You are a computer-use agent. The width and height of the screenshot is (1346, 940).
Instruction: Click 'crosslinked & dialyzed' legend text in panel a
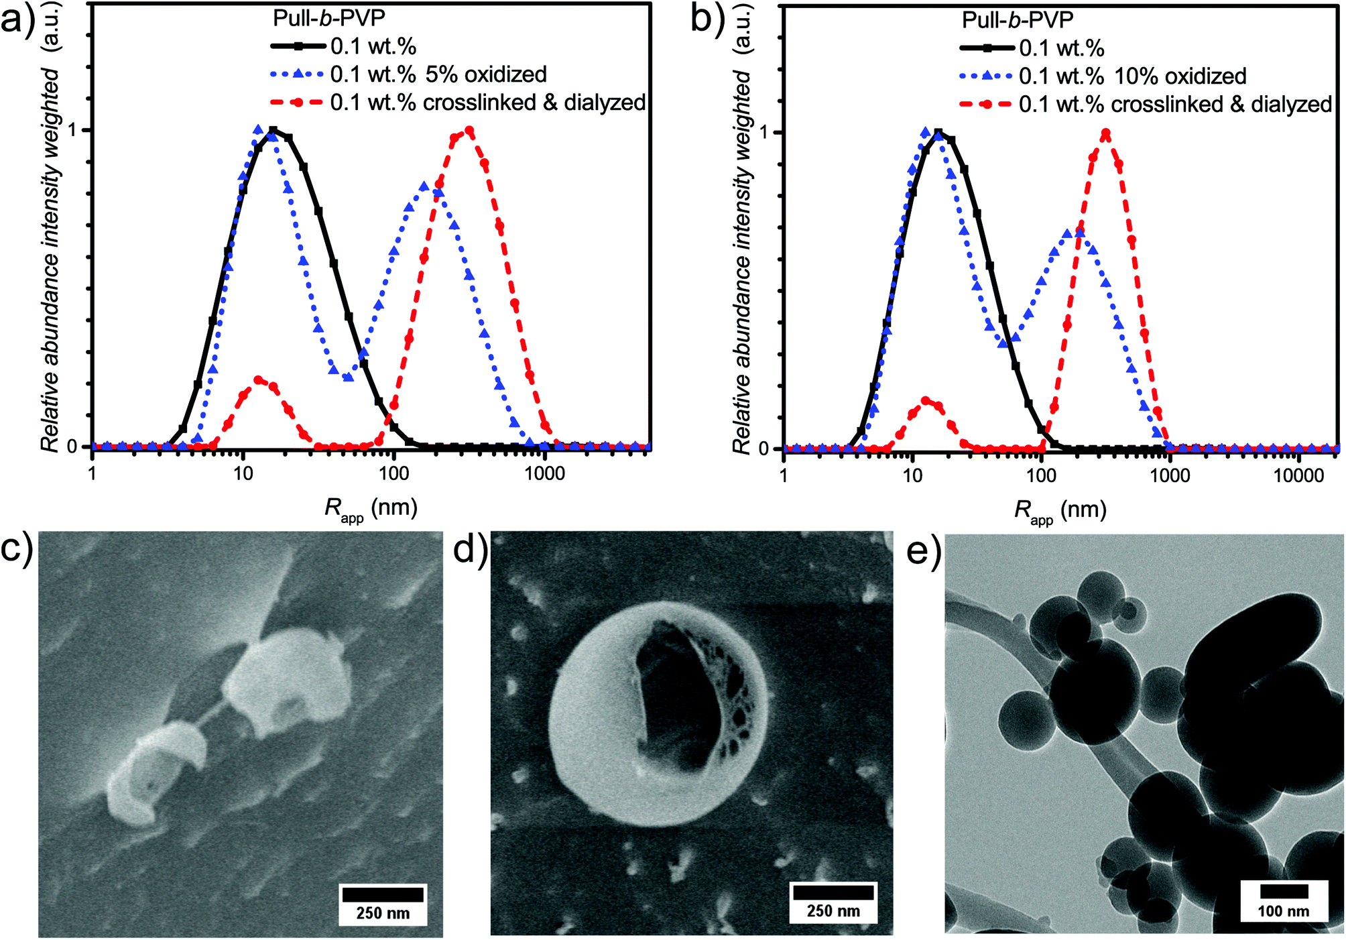(x=487, y=103)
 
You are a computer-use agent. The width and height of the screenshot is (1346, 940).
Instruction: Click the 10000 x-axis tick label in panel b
(x=1298, y=476)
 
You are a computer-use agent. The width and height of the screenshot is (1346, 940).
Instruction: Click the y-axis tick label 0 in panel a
(x=72, y=447)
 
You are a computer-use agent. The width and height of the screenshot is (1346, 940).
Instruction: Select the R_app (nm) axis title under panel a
(x=371, y=509)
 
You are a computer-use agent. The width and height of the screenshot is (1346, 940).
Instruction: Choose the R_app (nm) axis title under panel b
(x=1060, y=512)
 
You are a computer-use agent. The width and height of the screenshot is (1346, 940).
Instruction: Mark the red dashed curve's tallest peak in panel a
(x=469, y=131)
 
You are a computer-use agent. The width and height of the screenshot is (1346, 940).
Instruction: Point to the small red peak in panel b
(x=926, y=401)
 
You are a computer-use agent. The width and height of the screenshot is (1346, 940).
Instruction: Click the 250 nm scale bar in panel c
(x=383, y=894)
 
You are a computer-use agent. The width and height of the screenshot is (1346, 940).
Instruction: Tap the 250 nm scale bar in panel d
(x=833, y=892)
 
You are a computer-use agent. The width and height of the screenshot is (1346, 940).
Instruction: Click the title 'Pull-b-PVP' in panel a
(x=328, y=18)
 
